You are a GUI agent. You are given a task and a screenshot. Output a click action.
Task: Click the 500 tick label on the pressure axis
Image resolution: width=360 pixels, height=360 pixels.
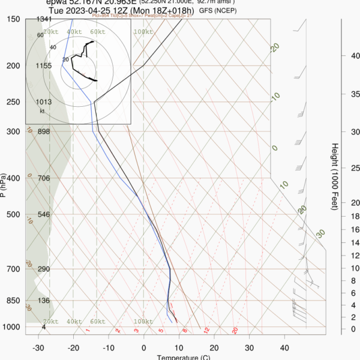pos(12,214)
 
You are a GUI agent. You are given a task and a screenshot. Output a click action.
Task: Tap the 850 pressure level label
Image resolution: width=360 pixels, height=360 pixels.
pos(12,301)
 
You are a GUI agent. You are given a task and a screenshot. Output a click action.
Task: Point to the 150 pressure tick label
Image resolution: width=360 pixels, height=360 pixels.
pos(12,19)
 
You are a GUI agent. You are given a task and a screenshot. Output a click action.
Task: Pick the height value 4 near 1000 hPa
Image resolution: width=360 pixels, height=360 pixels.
pos(44,327)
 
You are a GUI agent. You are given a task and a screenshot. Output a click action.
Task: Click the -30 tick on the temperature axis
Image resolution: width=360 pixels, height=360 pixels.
pos(38,347)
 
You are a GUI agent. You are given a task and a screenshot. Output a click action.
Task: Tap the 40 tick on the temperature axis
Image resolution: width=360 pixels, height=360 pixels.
pos(284,347)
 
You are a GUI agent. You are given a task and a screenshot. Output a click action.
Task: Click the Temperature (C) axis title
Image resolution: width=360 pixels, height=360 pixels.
pos(184,358)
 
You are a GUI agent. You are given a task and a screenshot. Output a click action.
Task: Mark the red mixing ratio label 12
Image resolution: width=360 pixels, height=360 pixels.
pos(206,330)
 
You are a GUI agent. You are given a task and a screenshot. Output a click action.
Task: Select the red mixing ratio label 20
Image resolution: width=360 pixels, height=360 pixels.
pos(235,330)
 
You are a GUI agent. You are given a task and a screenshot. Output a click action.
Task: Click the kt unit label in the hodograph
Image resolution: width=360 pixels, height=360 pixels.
pos(42,111)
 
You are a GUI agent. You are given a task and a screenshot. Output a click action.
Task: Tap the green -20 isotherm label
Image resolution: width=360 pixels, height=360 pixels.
pos(275,47)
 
